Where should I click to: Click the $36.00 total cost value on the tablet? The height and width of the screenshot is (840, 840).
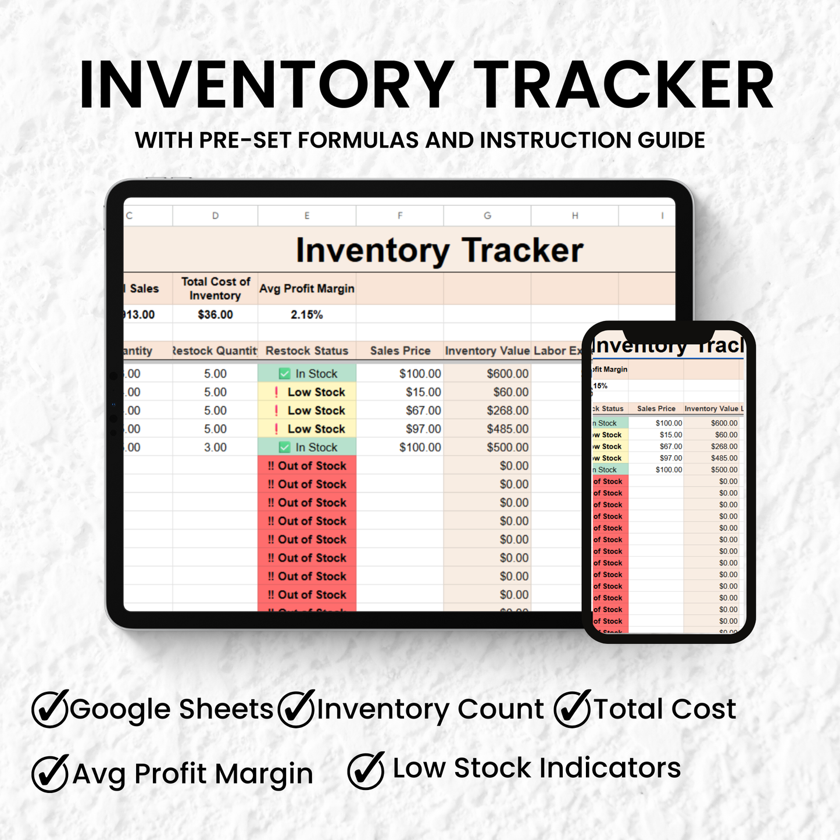[215, 314]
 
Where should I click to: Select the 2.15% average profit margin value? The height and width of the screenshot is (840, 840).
[306, 314]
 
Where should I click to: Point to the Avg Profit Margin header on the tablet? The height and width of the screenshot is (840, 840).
[306, 288]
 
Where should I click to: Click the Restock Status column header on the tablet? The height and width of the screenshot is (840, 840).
[306, 351]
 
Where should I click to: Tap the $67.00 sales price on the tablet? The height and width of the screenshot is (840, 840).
[423, 410]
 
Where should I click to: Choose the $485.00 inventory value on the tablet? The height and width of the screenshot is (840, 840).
[507, 429]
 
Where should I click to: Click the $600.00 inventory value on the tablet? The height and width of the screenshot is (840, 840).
[507, 374]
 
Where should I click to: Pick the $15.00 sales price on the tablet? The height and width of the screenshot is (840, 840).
[423, 392]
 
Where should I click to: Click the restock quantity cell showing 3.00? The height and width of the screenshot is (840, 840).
[215, 448]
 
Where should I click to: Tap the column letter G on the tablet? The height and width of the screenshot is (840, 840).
[487, 216]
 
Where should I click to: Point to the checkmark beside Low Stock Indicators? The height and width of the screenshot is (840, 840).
[366, 770]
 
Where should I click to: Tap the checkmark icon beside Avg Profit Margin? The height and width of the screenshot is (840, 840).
[50, 773]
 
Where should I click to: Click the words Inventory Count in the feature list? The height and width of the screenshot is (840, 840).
[430, 709]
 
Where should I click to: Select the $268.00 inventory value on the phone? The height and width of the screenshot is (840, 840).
[724, 446]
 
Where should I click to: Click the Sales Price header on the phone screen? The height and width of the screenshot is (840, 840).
[656, 409]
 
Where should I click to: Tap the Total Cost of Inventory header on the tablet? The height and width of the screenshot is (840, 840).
[215, 288]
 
